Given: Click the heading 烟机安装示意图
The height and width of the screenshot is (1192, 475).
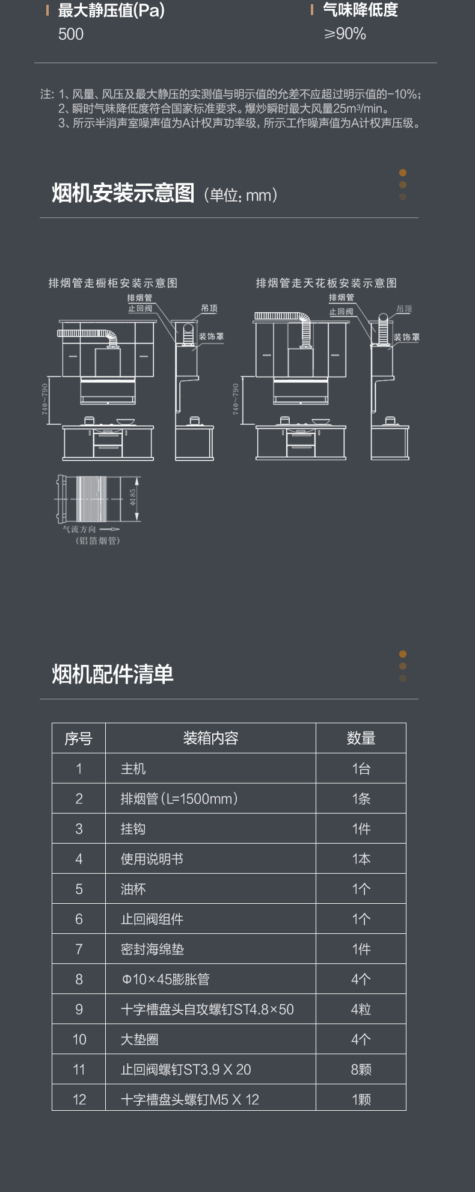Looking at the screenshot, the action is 123,194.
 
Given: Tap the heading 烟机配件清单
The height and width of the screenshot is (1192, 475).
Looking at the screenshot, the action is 112,674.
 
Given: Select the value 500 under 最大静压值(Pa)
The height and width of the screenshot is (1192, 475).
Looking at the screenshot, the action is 71,34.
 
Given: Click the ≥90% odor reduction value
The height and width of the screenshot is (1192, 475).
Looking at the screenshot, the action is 345,34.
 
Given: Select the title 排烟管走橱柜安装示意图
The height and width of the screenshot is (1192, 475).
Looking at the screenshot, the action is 113,283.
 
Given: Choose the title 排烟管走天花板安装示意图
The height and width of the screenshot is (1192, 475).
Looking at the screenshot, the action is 326,283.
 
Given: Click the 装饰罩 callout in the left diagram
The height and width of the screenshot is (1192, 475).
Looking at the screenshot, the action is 211,336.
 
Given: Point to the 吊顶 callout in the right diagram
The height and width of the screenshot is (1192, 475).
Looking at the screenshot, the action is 404,309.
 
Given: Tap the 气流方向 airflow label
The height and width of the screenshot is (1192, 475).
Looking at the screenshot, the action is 79,529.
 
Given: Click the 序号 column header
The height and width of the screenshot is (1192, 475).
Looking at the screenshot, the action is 79,738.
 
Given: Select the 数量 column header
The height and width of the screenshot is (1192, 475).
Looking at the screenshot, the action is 361,738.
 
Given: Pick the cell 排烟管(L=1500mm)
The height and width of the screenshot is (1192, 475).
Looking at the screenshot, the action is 179,798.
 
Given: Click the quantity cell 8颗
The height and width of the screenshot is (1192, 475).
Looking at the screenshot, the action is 361,1069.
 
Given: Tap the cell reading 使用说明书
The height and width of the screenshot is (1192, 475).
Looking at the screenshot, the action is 152,859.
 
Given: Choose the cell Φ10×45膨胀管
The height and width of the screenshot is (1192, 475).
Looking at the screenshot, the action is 165,979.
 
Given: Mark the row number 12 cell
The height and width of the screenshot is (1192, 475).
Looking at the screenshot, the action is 79,1099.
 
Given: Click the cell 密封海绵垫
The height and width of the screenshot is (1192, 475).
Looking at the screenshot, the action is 152,949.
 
